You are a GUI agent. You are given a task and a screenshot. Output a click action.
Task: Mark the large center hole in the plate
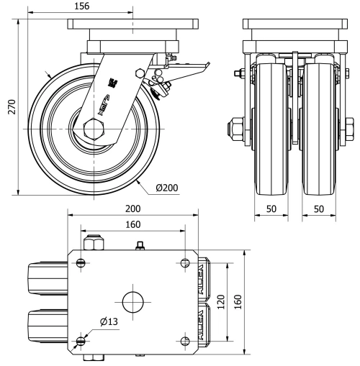click(133, 301)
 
